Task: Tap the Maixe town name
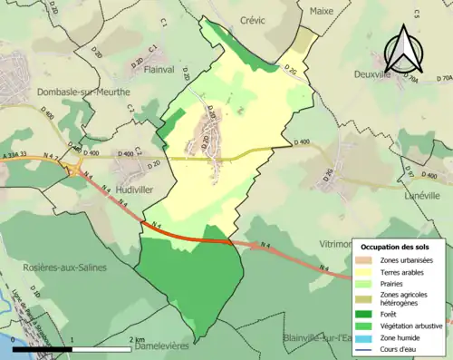pos(322,12)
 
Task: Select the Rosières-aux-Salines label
pos(65,268)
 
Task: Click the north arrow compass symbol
pos(404,47)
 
